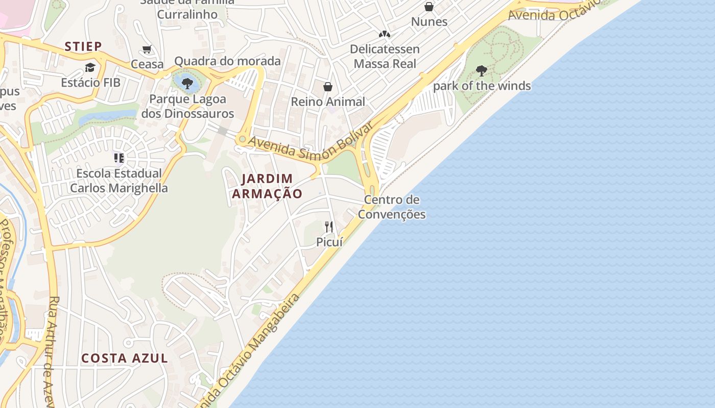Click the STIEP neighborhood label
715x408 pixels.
click(x=83, y=46)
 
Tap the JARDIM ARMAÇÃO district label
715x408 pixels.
click(x=267, y=186)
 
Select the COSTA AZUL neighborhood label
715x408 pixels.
click(x=125, y=358)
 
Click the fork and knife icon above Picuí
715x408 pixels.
click(x=329, y=226)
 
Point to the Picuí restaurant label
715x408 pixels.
click(x=329, y=242)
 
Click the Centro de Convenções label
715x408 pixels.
click(x=392, y=207)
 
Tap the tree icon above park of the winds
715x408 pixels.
click(x=481, y=70)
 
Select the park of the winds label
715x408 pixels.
click(x=482, y=86)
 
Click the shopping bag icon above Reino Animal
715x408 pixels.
click(x=328, y=87)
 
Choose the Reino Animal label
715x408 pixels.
click(x=328, y=101)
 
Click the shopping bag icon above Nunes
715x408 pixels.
click(x=429, y=7)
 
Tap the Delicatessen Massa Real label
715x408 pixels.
click(x=385, y=56)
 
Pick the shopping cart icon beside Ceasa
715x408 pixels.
click(x=147, y=49)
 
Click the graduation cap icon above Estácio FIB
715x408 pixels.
click(x=90, y=67)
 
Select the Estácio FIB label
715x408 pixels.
click(x=90, y=82)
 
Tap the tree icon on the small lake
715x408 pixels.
click(x=187, y=83)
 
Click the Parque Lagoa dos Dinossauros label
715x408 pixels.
click(x=187, y=106)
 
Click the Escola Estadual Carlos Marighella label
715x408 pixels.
click(x=119, y=181)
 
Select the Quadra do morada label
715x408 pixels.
click(x=227, y=61)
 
